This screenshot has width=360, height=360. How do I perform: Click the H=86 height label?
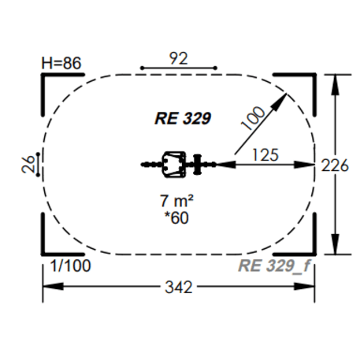point(61,63)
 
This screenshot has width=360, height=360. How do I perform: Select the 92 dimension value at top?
point(179,58)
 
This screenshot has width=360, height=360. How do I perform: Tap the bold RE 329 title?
point(183,118)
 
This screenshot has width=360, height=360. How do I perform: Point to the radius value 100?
point(253,118)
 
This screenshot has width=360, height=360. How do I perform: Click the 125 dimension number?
point(265,155)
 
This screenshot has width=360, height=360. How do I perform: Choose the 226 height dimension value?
point(335,165)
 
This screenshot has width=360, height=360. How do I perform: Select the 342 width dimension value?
point(179,287)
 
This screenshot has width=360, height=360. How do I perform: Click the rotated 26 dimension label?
point(28,165)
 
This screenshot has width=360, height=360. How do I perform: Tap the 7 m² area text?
point(176,201)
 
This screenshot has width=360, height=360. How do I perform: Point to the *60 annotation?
point(176,217)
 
